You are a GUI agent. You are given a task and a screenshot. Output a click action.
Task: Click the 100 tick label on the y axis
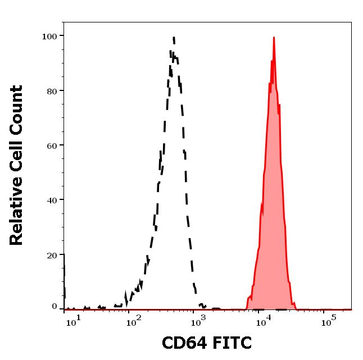[x=49, y=36]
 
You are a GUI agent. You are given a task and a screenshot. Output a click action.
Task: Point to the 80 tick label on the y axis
[x=52, y=90]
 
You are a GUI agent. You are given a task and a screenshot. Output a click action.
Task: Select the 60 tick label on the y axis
[x=52, y=145]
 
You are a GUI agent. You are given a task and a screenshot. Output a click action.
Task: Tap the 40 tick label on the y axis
[x=52, y=200]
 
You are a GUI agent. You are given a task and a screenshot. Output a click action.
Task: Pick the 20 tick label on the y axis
[x=52, y=255]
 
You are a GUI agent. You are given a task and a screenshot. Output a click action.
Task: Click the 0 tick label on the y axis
[x=55, y=307]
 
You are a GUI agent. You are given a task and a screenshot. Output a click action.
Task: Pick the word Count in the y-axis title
[x=17, y=107]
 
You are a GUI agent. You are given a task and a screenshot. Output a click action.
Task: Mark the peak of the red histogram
[x=274, y=38]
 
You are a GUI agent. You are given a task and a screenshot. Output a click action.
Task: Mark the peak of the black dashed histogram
[x=174, y=38]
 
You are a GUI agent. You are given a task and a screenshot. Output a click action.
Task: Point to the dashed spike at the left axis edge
[x=64, y=275]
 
